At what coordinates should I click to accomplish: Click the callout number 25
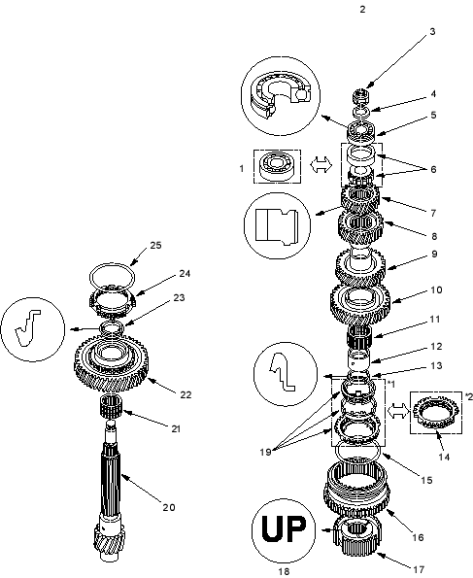tap(155, 246)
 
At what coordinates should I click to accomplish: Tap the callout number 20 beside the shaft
tap(169, 508)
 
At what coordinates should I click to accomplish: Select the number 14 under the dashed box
tap(444, 458)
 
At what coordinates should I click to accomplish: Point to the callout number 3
tap(432, 32)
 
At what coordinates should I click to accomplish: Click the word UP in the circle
tap(284, 528)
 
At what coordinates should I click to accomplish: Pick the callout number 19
tap(265, 452)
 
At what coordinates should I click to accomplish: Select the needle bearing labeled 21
tap(111, 406)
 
